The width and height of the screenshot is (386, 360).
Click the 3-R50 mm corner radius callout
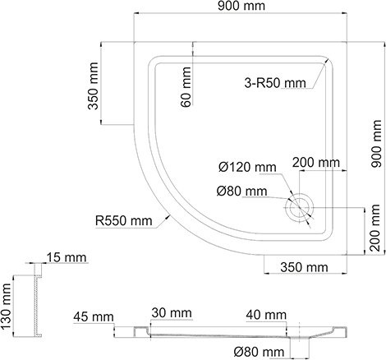(274, 82)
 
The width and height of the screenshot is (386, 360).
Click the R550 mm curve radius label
(123, 220)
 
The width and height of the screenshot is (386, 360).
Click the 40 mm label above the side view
(264, 314)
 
